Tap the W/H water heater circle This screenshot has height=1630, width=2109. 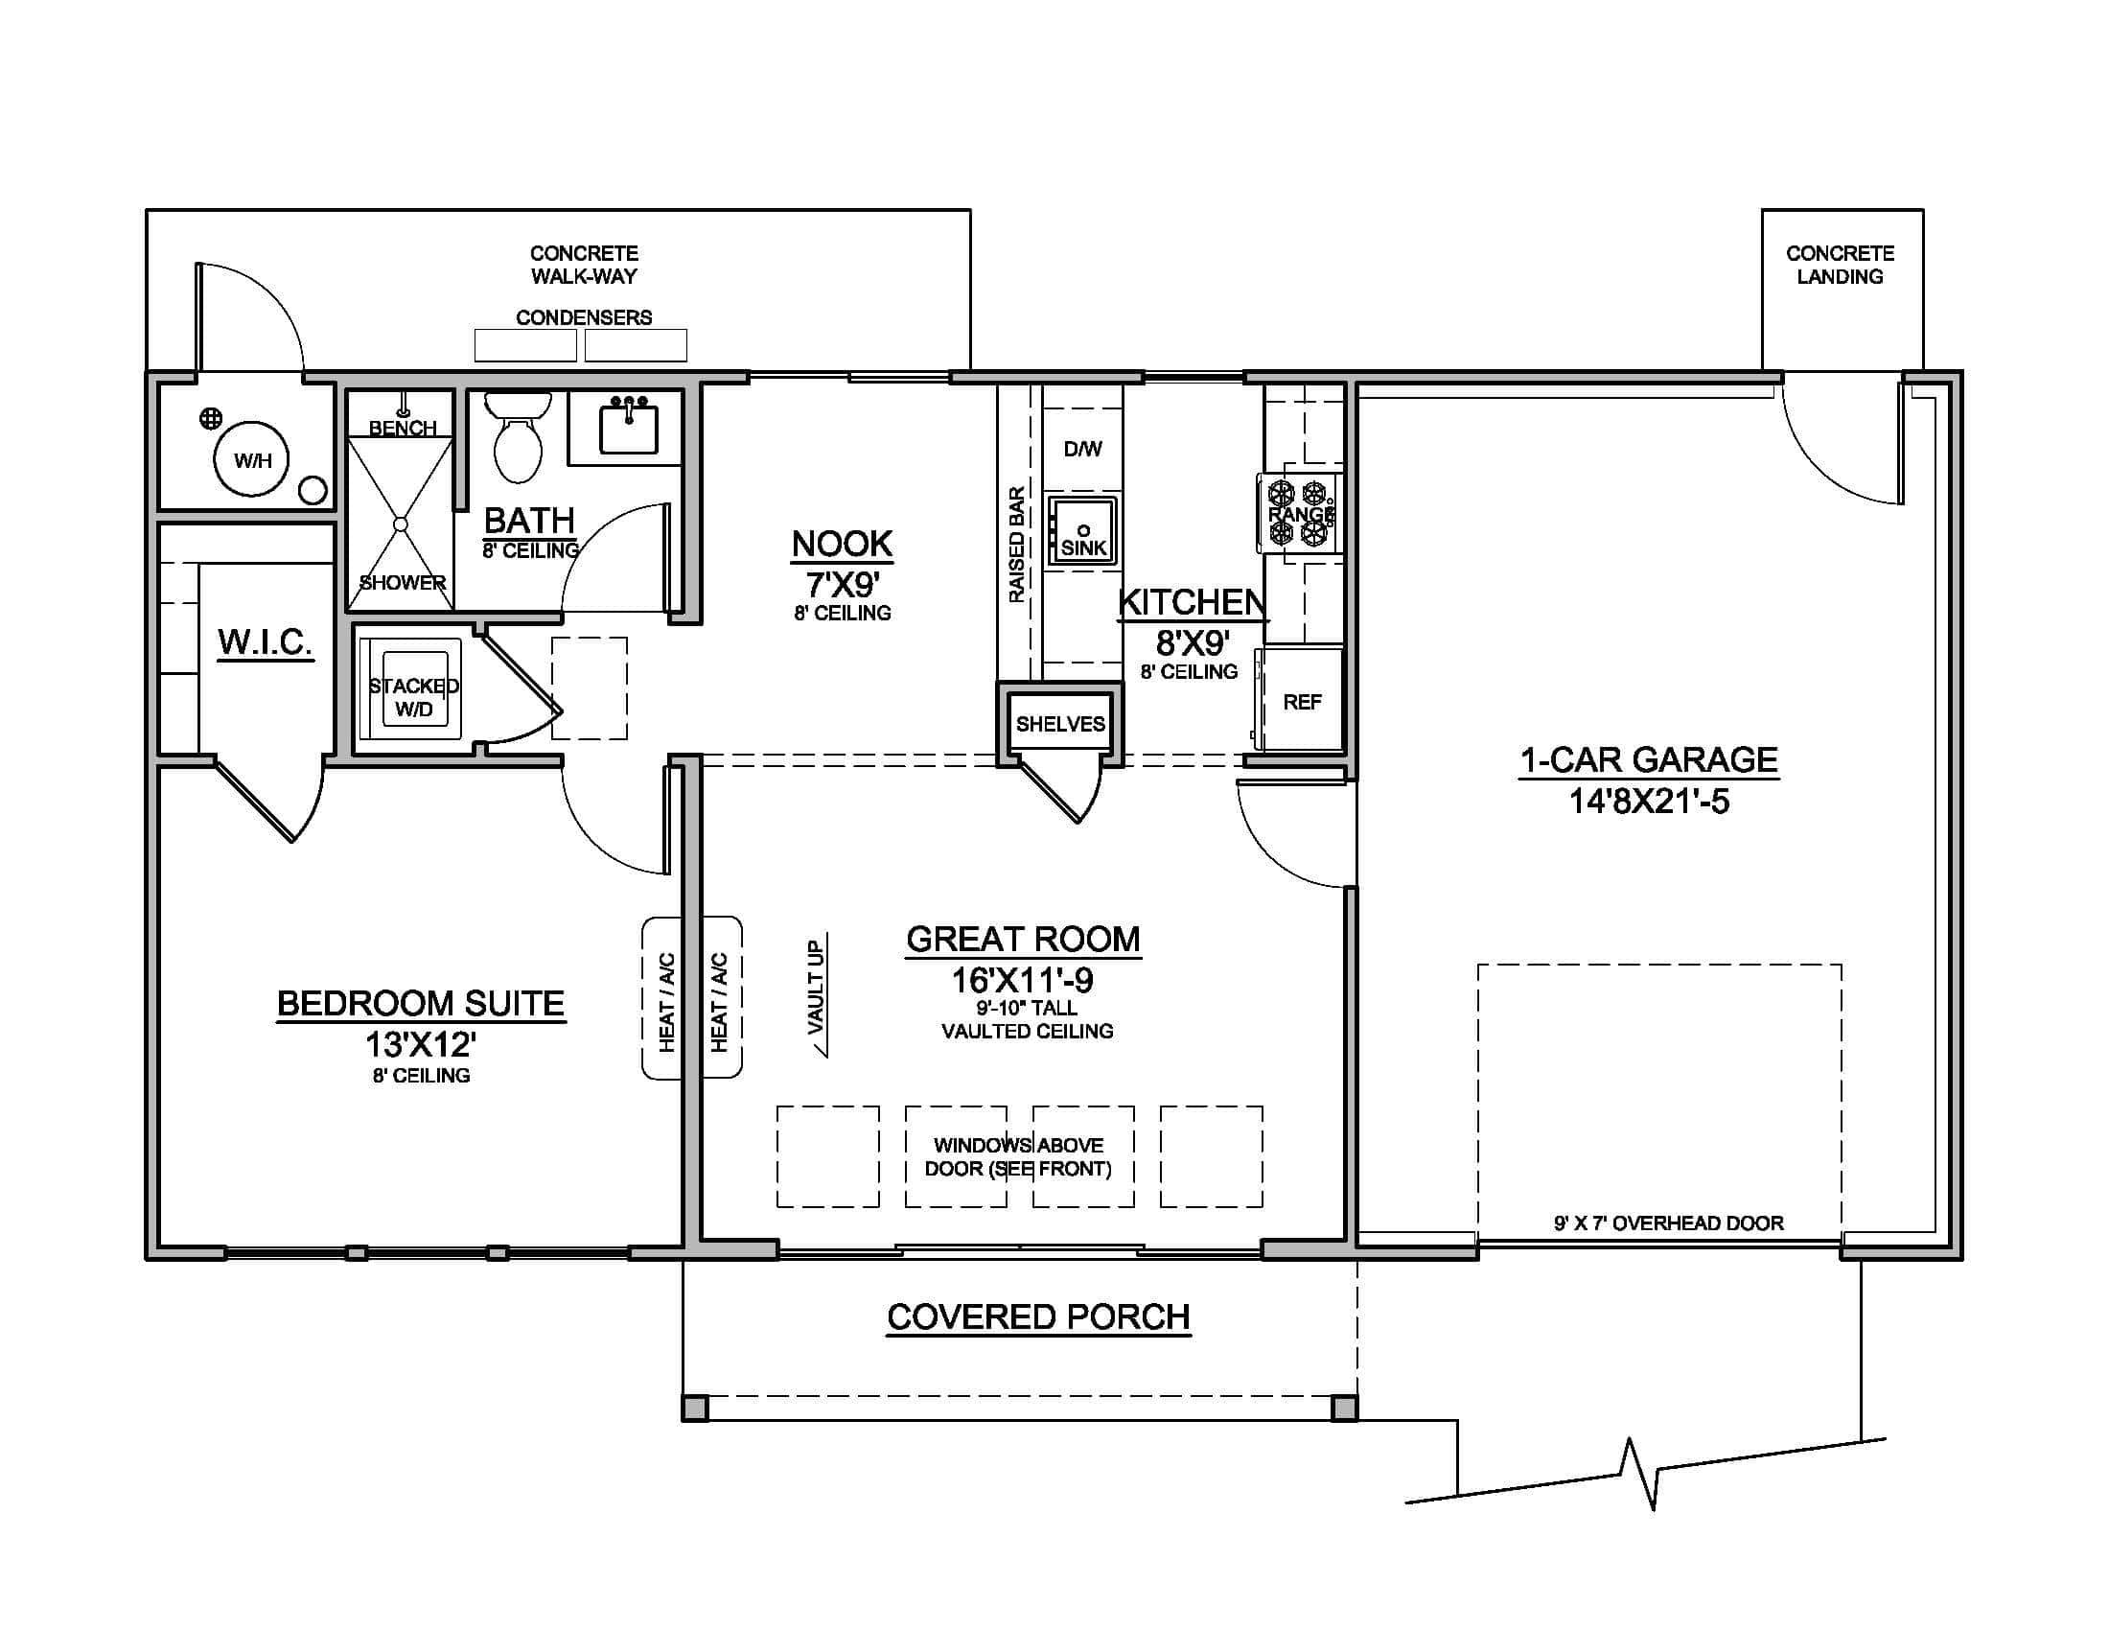point(252,460)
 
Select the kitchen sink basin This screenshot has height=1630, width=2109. point(1083,531)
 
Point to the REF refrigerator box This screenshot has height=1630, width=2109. point(1301,702)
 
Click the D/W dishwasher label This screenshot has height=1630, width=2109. point(1082,449)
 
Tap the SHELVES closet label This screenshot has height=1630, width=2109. point(1059,724)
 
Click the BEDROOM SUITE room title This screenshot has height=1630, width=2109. point(420,1003)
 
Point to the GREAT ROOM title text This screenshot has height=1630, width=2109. point(1023,939)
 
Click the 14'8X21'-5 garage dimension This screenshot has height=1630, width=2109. point(1649,802)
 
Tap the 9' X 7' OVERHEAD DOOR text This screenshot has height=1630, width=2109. point(1668,1223)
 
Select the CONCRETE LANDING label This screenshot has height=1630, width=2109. point(1840,265)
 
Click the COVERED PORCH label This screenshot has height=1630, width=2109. point(1038,1317)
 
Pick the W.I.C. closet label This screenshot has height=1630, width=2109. point(265,641)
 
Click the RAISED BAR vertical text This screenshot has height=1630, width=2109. point(1016,546)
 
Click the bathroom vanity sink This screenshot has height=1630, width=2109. point(628,429)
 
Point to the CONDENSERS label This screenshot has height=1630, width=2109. point(583,317)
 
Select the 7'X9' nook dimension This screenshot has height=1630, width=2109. point(842,585)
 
